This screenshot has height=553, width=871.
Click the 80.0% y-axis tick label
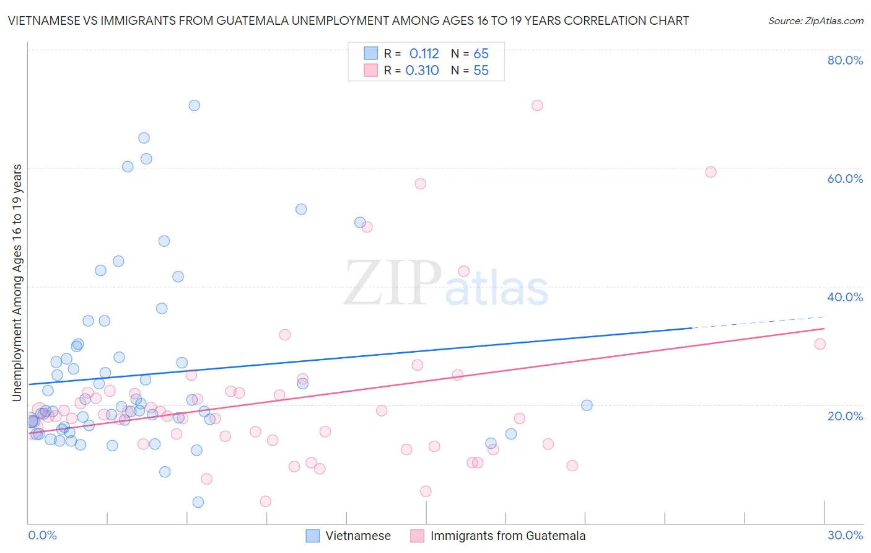point(845,60)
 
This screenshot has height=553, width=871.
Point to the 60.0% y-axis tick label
point(845,179)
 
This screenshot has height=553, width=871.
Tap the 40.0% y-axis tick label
point(845,297)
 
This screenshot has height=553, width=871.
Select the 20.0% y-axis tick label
point(845,416)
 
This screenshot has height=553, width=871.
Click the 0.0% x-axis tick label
point(42,535)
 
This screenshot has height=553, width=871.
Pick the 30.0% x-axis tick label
point(845,535)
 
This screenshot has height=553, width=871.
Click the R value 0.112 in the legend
point(424,54)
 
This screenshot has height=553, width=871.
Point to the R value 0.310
point(422,71)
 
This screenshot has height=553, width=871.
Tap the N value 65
point(481,54)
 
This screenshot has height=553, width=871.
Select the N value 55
point(481,71)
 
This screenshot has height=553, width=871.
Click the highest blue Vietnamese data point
point(194,105)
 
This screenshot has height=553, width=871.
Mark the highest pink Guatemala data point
point(537,105)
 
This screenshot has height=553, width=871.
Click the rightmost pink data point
point(820,344)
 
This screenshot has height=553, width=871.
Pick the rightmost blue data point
point(587,405)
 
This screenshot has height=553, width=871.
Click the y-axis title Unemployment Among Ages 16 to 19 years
point(17,283)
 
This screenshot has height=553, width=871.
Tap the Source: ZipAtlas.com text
point(815,21)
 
